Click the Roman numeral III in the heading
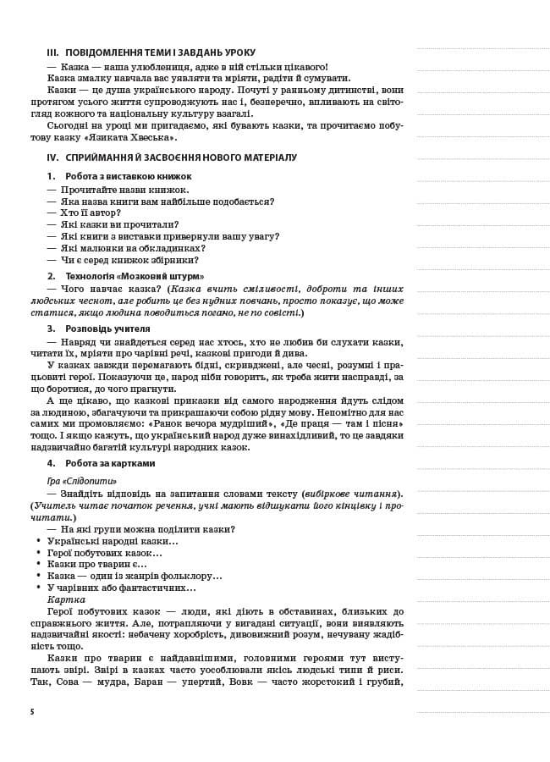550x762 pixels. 52,52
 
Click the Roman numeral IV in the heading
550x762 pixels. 52,158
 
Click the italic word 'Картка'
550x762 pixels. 67,599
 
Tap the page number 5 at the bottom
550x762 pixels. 31,712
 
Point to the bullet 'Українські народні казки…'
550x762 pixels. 113,541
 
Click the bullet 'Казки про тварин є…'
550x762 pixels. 96,564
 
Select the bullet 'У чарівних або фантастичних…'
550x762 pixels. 121,588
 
